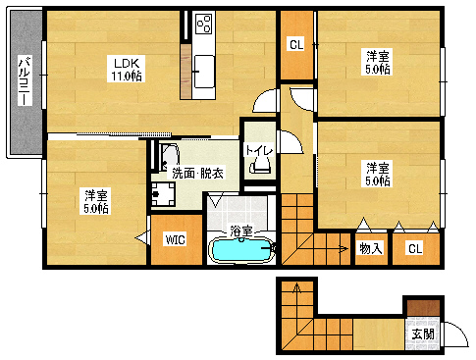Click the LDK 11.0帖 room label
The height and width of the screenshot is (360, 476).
pos(124,69)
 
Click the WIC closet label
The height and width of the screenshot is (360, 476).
pos(175,239)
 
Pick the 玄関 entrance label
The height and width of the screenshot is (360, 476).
pos(422,334)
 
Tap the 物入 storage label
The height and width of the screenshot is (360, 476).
pos(369,248)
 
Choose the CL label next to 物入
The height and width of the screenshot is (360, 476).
pos(414,248)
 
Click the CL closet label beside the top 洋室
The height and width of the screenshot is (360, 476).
pos(295,44)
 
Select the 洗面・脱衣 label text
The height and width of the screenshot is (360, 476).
pos(196,174)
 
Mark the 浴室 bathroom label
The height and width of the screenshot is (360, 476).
pos(241,231)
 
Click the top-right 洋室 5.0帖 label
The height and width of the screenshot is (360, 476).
pos(378,61)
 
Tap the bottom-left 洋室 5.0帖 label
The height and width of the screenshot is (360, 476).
pos(95,202)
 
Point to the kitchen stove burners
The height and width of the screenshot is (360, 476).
pos(204,22)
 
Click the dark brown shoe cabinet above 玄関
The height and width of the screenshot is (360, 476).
pos(422,307)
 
